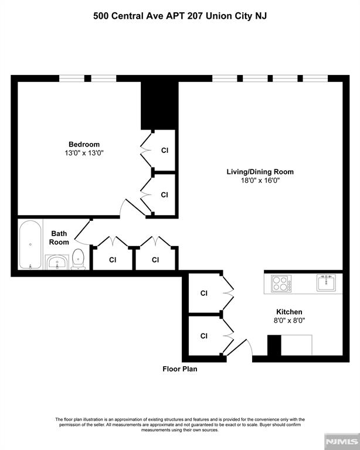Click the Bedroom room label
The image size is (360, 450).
84,144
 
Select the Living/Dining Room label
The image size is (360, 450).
260,172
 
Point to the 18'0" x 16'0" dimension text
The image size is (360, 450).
260,180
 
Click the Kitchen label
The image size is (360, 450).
289,312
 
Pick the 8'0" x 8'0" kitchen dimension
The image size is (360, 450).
289,321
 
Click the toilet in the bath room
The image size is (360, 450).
78,259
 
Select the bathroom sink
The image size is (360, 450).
57,262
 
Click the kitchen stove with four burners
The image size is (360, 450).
281,284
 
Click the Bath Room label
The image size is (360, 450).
59,237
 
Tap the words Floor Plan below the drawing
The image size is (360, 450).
180,369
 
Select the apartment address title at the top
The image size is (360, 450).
180,16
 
